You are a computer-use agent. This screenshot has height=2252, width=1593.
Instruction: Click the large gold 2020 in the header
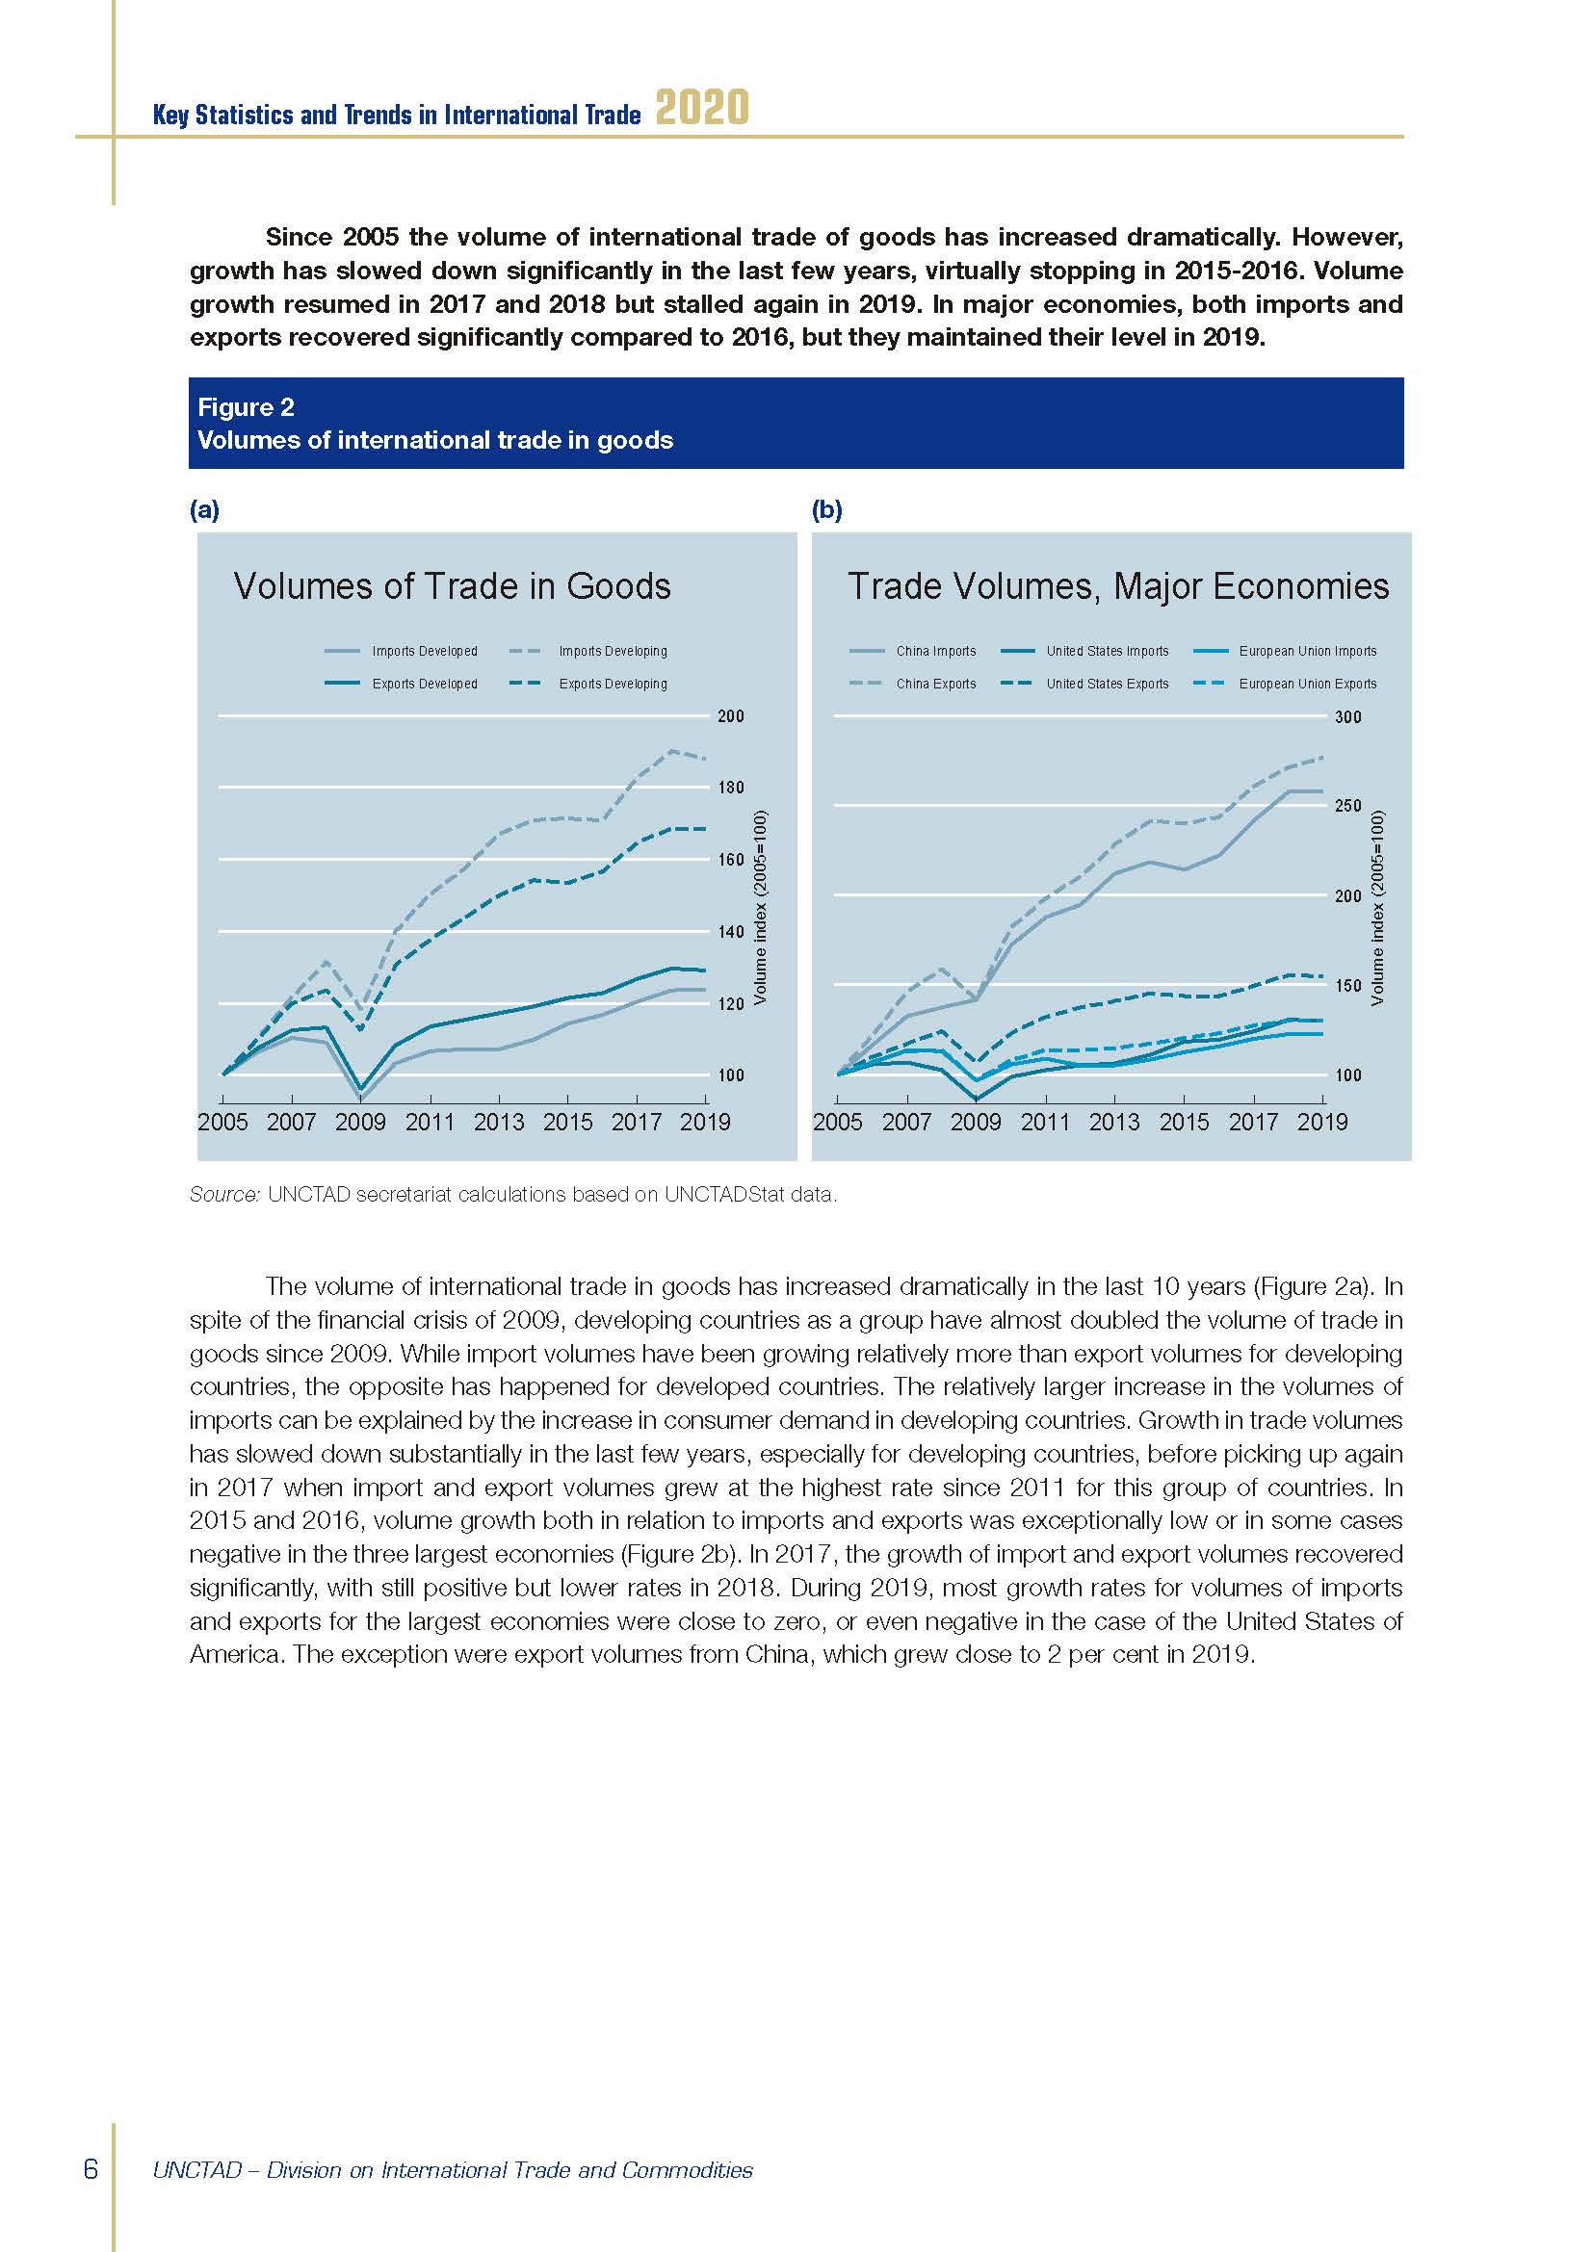(x=701, y=108)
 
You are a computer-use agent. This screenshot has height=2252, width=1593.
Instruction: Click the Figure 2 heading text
(x=247, y=407)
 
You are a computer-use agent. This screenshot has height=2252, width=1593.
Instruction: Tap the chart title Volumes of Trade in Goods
(x=453, y=586)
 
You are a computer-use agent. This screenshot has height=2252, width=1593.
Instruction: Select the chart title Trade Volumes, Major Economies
(x=1118, y=586)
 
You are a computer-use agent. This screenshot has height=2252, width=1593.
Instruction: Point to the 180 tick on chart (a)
(x=731, y=788)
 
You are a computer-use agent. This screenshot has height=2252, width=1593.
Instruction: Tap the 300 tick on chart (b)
(x=1347, y=717)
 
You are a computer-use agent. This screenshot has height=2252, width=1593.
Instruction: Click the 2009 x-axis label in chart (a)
(x=361, y=1122)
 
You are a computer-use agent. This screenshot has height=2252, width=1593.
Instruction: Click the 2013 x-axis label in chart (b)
(x=1114, y=1122)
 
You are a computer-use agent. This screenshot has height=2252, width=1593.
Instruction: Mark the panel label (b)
(x=827, y=510)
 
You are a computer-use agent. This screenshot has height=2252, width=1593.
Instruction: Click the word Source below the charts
(x=224, y=1195)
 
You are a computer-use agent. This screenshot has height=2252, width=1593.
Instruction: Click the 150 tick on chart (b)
(x=1347, y=986)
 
